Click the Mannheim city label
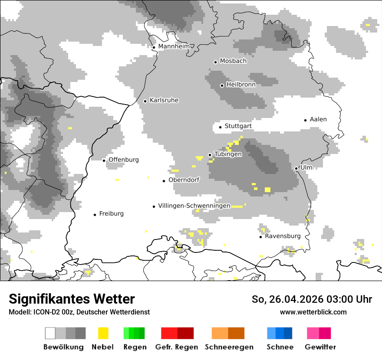pyautogui.click(x=174, y=46)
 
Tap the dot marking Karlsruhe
pyautogui.click(x=145, y=101)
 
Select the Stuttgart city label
pyautogui.click(x=238, y=126)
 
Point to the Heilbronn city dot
pyautogui.click(x=222, y=85)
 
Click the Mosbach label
pyautogui.click(x=233, y=61)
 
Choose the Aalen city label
pyautogui.click(x=318, y=119)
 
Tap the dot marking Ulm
pyautogui.click(x=296, y=168)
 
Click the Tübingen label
pyautogui.click(x=228, y=154)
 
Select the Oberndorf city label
pyautogui.click(x=184, y=180)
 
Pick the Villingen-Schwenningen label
pyautogui.click(x=194, y=206)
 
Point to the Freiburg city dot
pyautogui.click(x=95, y=215)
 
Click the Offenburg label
pyautogui.click(x=124, y=160)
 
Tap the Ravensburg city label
pyautogui.click(x=283, y=236)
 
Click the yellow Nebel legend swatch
pyautogui.click(x=103, y=333)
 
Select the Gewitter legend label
pyautogui.click(x=320, y=347)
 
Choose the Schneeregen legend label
pyautogui.click(x=229, y=347)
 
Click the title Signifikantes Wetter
pyautogui.click(x=72, y=299)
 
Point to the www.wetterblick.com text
pyautogui.click(x=313, y=312)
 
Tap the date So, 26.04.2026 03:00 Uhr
pyautogui.click(x=312, y=299)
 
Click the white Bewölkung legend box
pyautogui.click(x=50, y=333)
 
